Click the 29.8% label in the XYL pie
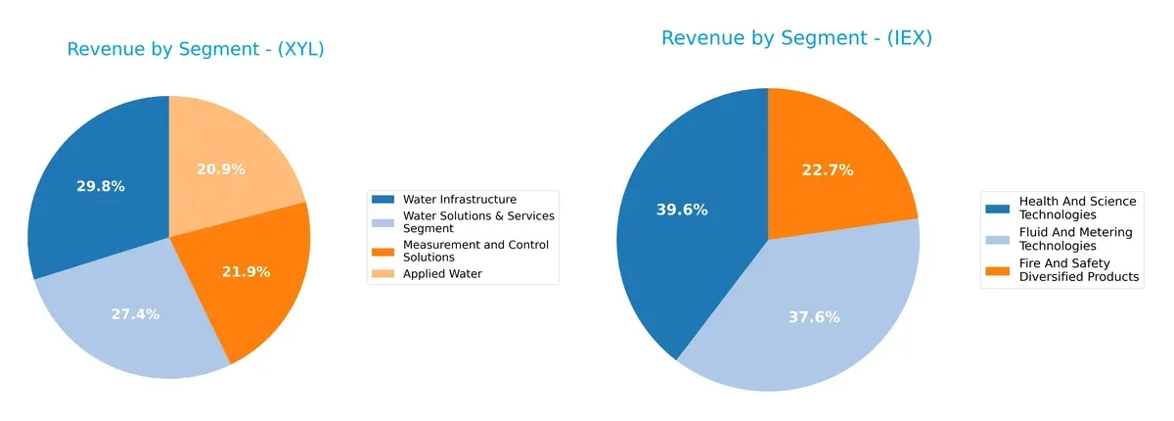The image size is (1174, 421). click(x=101, y=186)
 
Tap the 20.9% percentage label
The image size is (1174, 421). click(x=221, y=169)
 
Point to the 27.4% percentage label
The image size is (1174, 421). click(x=136, y=314)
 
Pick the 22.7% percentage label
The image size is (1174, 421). click(x=829, y=170)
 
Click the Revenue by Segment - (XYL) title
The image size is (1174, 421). click(x=196, y=50)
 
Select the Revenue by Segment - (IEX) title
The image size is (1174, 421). click(x=796, y=38)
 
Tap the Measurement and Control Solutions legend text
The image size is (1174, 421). click(x=475, y=250)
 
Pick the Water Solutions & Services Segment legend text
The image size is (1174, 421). click(x=478, y=221)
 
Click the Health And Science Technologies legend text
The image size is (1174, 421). click(x=1077, y=208)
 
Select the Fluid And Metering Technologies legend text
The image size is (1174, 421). click(x=1075, y=239)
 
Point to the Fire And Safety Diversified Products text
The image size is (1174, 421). click(x=1079, y=270)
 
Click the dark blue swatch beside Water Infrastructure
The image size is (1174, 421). click(x=384, y=200)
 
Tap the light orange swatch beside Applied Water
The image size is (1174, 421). click(x=384, y=274)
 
